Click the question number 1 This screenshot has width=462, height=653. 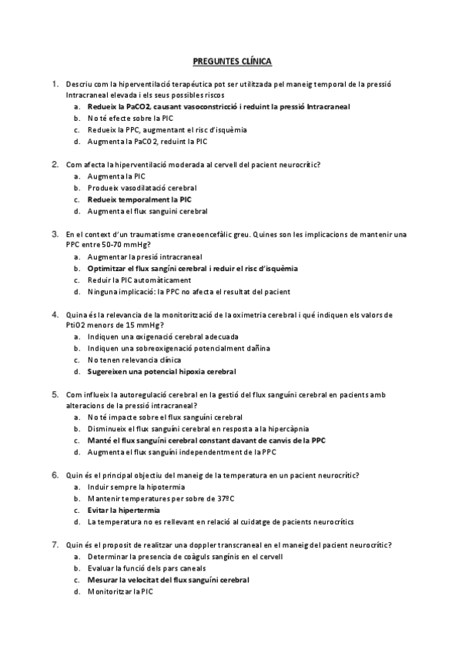coord(55,83)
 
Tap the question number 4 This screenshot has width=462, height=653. coord(55,314)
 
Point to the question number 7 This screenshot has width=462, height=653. coord(55,545)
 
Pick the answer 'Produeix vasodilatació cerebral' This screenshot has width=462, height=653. coord(142,188)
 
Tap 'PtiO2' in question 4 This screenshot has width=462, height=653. coord(77,326)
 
